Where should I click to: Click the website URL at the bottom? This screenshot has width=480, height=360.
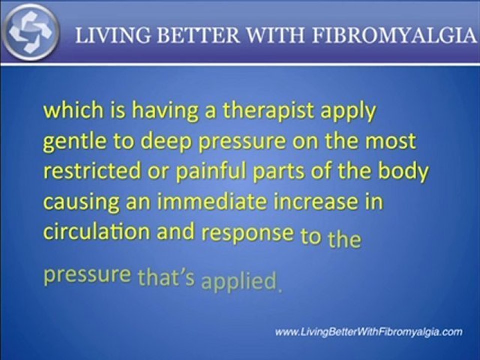point(369,332)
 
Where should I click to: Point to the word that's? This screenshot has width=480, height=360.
point(166,278)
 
